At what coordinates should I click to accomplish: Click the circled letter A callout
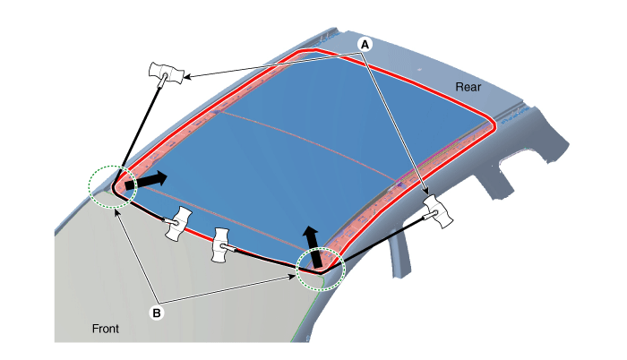[x=365, y=45]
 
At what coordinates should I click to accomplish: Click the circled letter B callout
[x=157, y=313]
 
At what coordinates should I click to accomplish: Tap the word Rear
[x=468, y=87]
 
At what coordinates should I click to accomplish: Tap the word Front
[x=106, y=329]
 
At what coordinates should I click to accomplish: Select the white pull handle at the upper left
[x=167, y=73]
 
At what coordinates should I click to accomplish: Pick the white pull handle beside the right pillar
[x=439, y=210]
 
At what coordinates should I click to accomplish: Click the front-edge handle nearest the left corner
[x=178, y=223]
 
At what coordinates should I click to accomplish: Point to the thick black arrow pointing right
[x=145, y=180]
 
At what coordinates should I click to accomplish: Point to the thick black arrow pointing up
[x=313, y=246]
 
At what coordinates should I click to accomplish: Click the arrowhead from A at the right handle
[x=426, y=192]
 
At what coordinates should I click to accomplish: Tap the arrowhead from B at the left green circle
[x=116, y=211]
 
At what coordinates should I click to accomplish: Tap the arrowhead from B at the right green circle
[x=292, y=277]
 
